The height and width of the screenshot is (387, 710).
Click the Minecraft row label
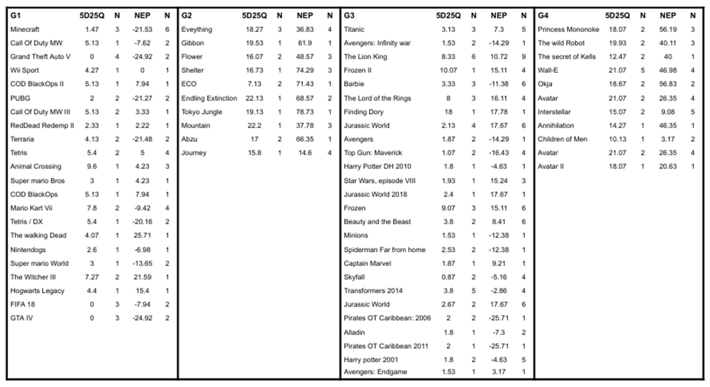25,29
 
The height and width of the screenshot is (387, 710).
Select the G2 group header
186,15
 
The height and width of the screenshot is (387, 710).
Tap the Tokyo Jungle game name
202,112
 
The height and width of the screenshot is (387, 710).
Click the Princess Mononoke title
568,29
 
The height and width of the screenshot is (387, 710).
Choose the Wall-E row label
548,70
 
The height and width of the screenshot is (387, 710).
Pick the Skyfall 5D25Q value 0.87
448,277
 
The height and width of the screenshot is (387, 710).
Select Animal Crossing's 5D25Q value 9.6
92,166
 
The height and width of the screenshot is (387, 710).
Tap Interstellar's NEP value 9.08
668,112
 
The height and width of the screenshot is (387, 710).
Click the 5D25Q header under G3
448,15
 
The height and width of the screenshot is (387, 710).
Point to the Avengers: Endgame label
375,372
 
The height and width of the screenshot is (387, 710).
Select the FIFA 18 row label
23,304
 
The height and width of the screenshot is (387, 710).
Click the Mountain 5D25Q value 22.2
254,125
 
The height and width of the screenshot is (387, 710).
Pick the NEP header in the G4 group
668,15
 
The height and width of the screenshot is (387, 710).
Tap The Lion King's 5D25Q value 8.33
448,56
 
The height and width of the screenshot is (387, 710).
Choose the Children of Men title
562,139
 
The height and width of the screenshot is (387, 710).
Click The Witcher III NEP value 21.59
142,277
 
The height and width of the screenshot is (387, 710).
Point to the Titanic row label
354,29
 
